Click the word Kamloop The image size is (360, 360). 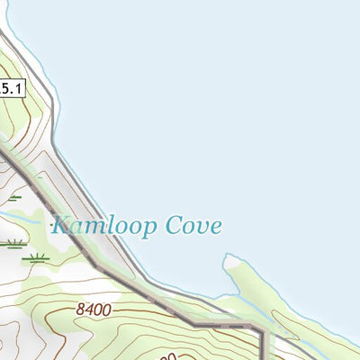coord(106,226)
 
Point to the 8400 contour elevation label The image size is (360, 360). coord(94,310)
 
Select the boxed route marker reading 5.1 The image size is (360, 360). coord(12,87)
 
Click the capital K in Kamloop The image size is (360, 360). coord(62,224)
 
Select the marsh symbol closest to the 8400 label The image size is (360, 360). coord(36,258)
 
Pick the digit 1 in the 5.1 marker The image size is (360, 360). coord(18,87)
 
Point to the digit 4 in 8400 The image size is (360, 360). coord(89,309)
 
